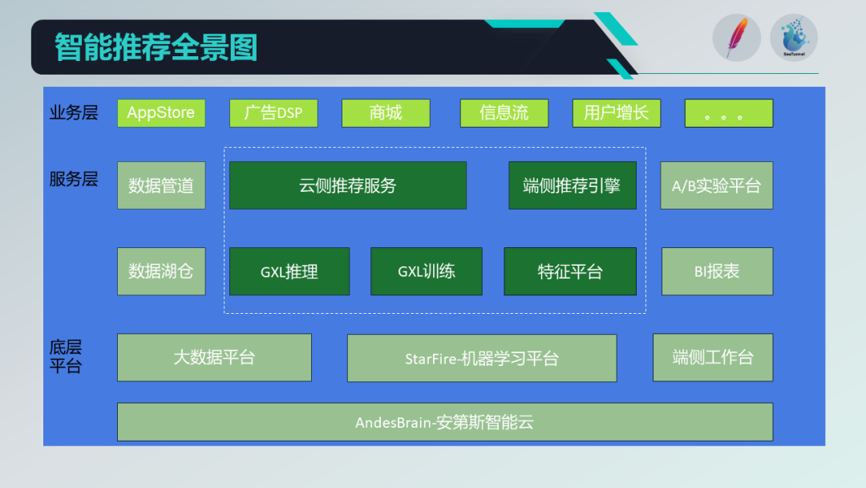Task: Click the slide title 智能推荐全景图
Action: (156, 47)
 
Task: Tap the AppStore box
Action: (161, 113)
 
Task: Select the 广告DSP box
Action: (273, 113)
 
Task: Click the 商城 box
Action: (386, 113)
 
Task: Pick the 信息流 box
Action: (504, 113)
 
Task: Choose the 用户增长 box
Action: (617, 113)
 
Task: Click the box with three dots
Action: (729, 113)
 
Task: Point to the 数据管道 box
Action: (161, 185)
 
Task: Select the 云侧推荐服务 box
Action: (348, 185)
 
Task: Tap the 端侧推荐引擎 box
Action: (573, 185)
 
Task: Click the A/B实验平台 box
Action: (717, 185)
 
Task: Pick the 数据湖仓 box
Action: (161, 271)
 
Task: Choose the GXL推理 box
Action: (289, 271)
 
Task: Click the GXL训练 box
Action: (427, 271)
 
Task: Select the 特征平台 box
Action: (570, 271)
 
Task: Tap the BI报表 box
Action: (717, 271)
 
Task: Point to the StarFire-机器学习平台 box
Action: (482, 358)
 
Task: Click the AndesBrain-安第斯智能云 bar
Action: (445, 422)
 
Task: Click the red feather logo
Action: (736, 38)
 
